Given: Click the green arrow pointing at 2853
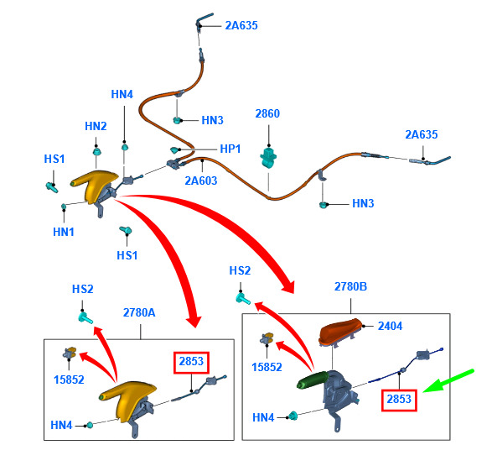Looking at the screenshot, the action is [x=448, y=381].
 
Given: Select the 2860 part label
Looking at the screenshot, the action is [x=267, y=113].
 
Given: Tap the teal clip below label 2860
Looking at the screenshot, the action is [x=268, y=157].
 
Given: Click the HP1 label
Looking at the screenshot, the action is [x=230, y=149].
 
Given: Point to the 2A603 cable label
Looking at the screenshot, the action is [x=201, y=181].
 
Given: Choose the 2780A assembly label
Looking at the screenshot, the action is [x=139, y=312].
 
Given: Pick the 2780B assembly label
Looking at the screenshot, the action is [x=350, y=286].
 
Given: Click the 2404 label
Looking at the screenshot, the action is [x=390, y=326].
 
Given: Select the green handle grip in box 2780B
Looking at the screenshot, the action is [x=313, y=380].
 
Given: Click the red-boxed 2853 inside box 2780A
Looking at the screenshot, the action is [x=191, y=362].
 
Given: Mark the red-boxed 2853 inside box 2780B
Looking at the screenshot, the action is [x=399, y=400].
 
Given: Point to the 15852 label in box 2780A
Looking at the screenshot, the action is [x=69, y=380].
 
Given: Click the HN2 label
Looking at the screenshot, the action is [x=96, y=126].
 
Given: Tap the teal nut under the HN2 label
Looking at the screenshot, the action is [x=97, y=151].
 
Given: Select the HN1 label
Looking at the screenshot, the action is [x=64, y=232].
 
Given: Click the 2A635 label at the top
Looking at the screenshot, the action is [x=241, y=25].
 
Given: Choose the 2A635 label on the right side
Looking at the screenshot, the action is [x=422, y=134].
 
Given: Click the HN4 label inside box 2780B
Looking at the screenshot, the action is [x=263, y=417].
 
